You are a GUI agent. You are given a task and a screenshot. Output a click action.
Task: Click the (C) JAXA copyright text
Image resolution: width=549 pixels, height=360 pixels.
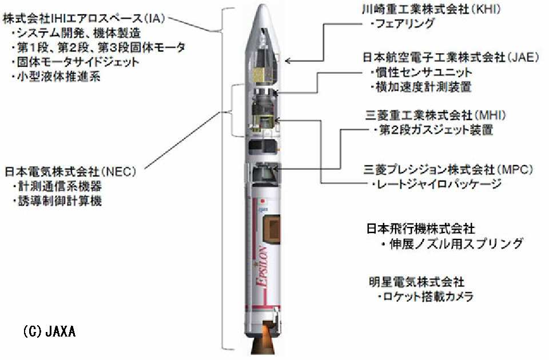coord(49,331)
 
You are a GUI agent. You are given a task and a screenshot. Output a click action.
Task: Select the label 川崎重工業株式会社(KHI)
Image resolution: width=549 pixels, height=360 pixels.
coord(431,9)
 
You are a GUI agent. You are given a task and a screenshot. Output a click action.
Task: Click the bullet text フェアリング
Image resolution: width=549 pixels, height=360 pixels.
coord(403,23)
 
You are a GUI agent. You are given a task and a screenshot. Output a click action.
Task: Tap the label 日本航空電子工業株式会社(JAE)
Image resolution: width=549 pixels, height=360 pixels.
coord(451,57)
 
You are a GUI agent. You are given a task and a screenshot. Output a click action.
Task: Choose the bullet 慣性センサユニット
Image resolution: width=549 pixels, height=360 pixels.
coord(421,73)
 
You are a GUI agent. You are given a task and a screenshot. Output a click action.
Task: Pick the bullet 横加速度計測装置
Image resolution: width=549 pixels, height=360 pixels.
coord(421,86)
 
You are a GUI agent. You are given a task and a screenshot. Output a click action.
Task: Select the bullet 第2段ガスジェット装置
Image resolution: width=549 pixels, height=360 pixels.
coord(432,130)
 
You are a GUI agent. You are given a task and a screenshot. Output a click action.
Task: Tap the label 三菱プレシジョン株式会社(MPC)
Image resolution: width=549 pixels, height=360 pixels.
coord(448,170)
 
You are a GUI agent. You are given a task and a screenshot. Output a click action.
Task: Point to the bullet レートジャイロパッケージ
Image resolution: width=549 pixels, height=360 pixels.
coord(436,183)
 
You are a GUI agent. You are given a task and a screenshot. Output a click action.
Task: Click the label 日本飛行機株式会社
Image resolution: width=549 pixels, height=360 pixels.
coord(420,229)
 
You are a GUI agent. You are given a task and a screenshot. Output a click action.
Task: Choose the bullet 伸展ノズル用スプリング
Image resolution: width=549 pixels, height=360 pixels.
coord(452,243)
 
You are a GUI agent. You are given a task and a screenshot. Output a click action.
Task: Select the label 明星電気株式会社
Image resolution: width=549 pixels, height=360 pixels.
coord(417,282)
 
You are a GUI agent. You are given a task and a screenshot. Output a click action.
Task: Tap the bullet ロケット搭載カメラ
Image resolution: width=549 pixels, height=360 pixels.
coord(425,297)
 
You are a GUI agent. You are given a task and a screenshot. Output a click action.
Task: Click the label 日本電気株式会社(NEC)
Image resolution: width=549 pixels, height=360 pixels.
coord(70,171)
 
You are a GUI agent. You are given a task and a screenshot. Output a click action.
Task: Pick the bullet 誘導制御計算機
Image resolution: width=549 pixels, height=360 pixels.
coord(57,201)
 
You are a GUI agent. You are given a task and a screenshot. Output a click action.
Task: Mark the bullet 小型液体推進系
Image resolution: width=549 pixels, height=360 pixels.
coord(56,76)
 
